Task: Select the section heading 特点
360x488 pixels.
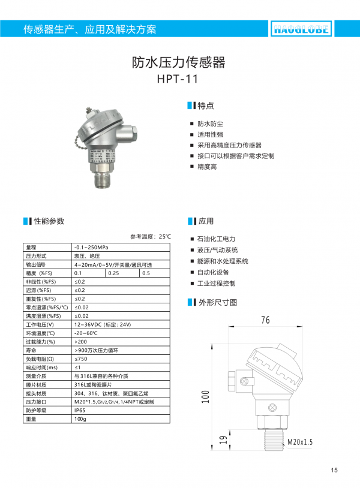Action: [205, 106]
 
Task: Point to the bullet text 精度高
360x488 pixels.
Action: [207, 167]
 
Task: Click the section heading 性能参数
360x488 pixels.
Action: [49, 221]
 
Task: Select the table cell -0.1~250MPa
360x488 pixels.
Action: [91, 248]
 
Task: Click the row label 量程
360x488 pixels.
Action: [31, 248]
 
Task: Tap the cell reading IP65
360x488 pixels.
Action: [80, 410]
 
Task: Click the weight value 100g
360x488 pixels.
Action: [80, 419]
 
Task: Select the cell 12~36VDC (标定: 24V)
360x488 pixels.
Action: [102, 324]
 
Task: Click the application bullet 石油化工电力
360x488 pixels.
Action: [216, 239]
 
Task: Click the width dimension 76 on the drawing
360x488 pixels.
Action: [265, 320]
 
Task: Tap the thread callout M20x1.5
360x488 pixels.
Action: [301, 442]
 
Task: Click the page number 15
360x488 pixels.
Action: [334, 469]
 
